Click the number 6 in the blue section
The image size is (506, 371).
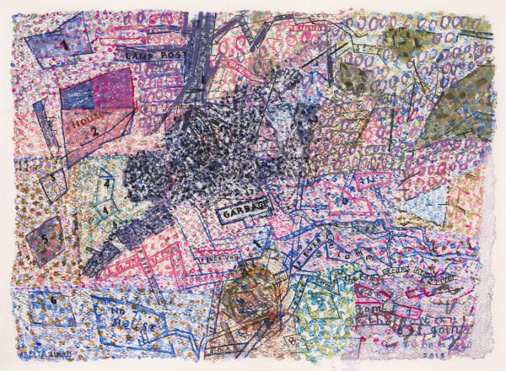tap(52, 299)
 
